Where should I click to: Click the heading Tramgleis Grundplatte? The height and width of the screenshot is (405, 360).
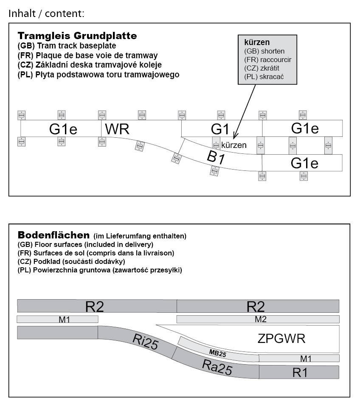point(77,36)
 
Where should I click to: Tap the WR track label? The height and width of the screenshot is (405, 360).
point(117,129)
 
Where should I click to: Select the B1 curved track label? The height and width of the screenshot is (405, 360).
point(216,157)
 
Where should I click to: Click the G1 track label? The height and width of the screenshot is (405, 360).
point(220,129)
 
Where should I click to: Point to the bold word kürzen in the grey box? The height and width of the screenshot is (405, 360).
point(257,42)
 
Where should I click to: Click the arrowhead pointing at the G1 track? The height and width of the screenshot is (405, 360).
point(234,136)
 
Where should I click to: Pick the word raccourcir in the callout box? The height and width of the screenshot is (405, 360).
point(276,59)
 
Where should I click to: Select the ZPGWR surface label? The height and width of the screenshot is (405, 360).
point(281,339)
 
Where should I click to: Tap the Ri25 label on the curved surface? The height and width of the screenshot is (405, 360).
point(145,341)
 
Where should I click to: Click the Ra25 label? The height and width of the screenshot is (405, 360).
point(217,367)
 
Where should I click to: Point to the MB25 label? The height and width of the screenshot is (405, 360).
point(217,353)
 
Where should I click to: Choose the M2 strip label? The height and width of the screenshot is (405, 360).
point(260,319)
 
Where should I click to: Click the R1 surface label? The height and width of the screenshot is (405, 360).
point(300,373)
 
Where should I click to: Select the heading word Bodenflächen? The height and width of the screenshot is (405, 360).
point(53,235)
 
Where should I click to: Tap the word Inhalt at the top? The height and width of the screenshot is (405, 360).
point(22,14)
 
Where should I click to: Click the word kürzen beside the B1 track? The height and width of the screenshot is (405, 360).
point(234,145)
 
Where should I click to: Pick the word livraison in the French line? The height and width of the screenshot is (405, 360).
point(158,253)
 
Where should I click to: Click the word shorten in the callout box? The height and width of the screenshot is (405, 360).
point(273,51)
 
